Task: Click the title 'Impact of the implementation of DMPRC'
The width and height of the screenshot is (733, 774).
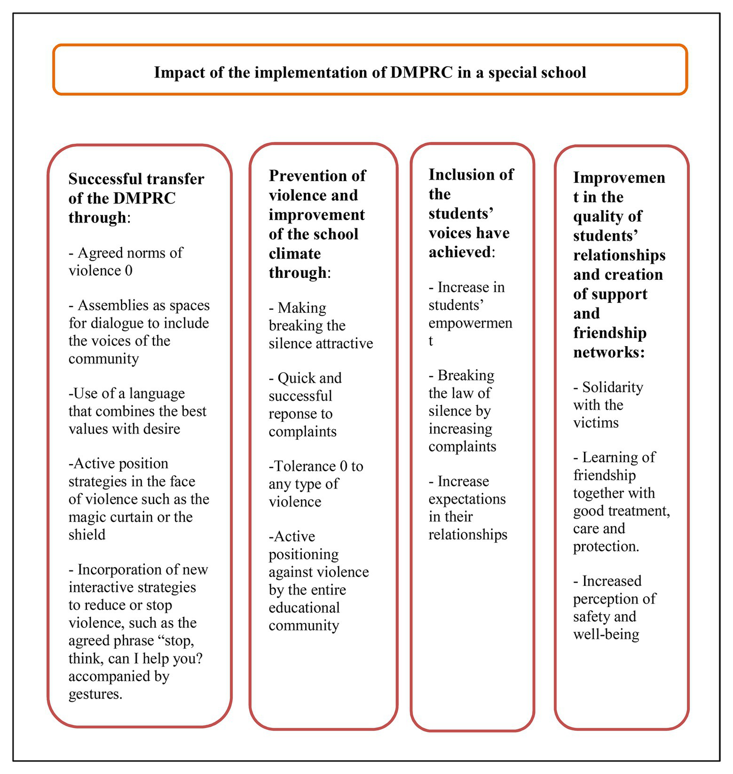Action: pyautogui.click(x=370, y=73)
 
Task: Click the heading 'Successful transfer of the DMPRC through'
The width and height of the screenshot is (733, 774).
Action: pyautogui.click(x=136, y=198)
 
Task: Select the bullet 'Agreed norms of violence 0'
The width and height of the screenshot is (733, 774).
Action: pyautogui.click(x=125, y=261)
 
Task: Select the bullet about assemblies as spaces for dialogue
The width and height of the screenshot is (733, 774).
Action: pyautogui.click(x=138, y=332)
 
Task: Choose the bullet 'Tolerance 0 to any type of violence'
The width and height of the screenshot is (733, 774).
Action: pyautogui.click(x=315, y=484)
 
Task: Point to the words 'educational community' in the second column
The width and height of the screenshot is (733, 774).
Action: pyautogui.click(x=304, y=616)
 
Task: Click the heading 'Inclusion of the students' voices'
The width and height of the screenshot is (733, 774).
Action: pyautogui.click(x=470, y=213)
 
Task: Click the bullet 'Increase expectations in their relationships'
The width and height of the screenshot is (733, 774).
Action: pyautogui.click(x=467, y=508)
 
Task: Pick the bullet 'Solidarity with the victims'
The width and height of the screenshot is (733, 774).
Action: pyautogui.click(x=607, y=405)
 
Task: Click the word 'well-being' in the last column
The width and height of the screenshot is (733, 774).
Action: pyautogui.click(x=606, y=635)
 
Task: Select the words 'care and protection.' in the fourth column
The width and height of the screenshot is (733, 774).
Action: pyautogui.click(x=606, y=538)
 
